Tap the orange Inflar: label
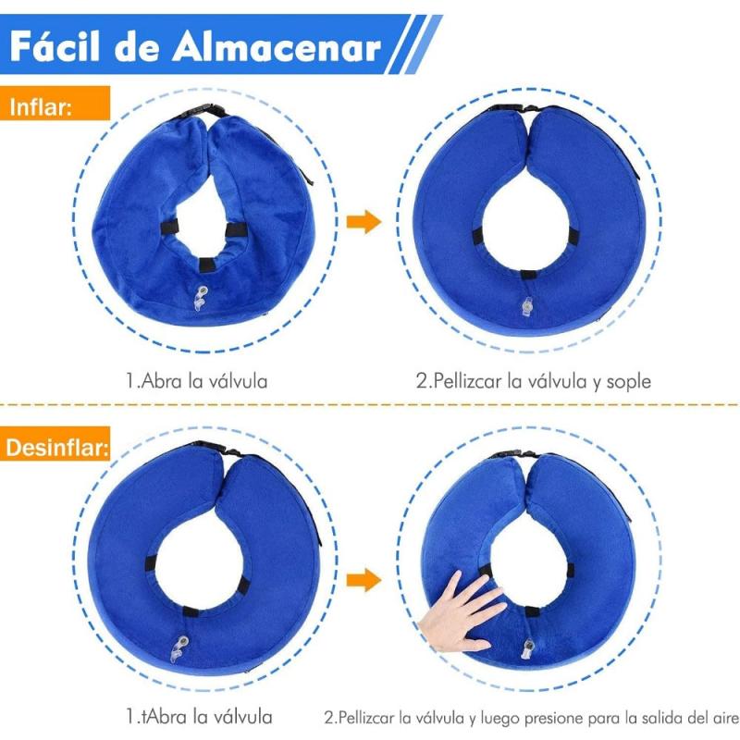click(x=42, y=105)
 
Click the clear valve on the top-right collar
click(x=527, y=307)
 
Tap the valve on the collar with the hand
click(x=529, y=649)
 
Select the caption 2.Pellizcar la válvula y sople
click(x=533, y=379)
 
